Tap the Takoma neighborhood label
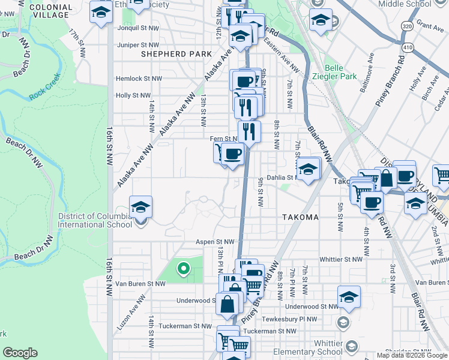point(301,217)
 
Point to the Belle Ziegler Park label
point(340,72)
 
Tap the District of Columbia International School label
point(95,220)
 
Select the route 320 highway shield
point(407,27)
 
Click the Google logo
point(20,353)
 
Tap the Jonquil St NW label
point(142,28)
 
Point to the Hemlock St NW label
point(139,79)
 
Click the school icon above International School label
point(140,208)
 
